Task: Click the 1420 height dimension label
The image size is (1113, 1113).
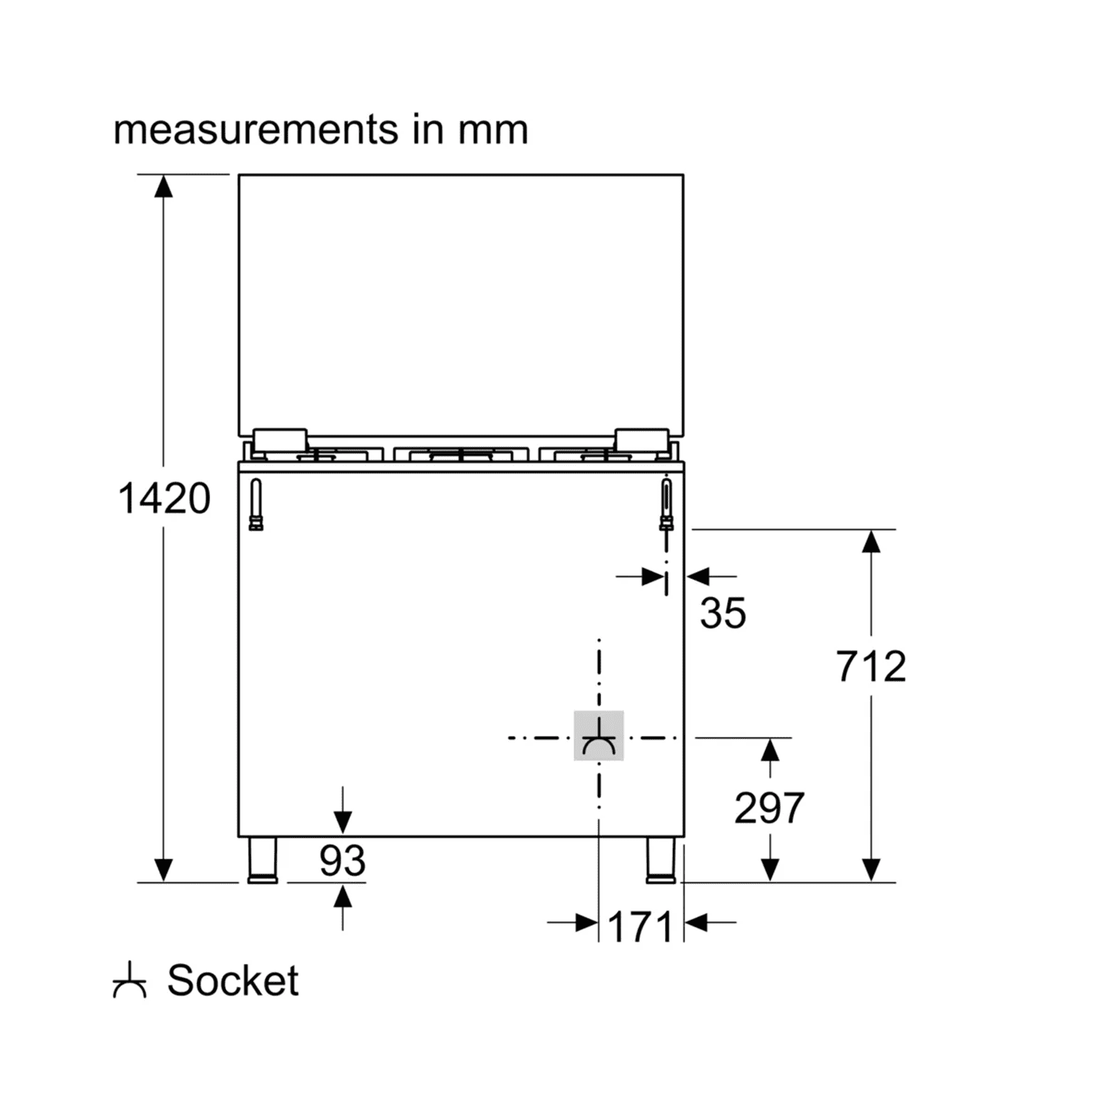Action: (x=164, y=499)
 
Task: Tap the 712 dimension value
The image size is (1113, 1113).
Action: (x=871, y=666)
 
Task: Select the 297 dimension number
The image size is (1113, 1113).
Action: (x=769, y=808)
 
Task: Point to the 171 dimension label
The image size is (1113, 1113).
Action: (x=640, y=927)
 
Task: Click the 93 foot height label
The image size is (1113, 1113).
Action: (x=342, y=861)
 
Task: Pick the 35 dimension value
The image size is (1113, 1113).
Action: (x=723, y=613)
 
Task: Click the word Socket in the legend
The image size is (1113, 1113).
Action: (x=232, y=981)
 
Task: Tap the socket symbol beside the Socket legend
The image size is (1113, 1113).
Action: (x=129, y=982)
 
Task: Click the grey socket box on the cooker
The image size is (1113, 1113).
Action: (x=598, y=736)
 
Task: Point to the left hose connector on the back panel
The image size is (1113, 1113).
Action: (x=256, y=505)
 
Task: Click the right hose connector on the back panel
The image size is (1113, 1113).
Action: (x=666, y=505)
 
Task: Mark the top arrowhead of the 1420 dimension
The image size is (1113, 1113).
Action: (x=163, y=185)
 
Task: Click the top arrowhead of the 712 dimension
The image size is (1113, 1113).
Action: (x=871, y=541)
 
